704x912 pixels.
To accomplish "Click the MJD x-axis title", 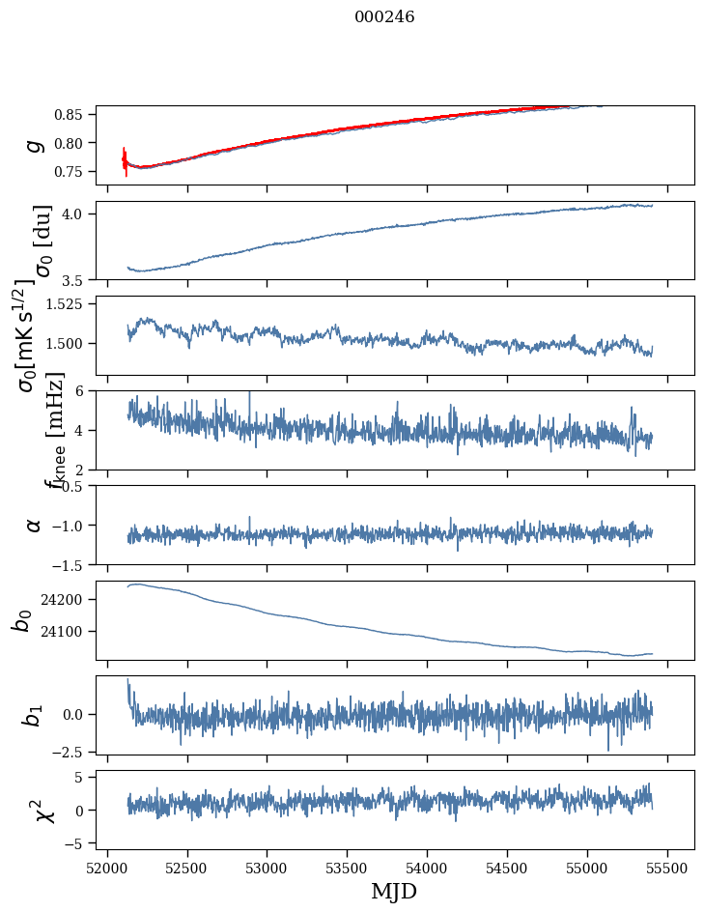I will click(x=394, y=891).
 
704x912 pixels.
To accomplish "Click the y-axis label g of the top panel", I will click(x=35, y=144).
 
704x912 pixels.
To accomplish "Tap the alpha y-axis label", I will click(x=35, y=524).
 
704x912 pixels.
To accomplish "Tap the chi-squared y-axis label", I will click(x=35, y=810).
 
